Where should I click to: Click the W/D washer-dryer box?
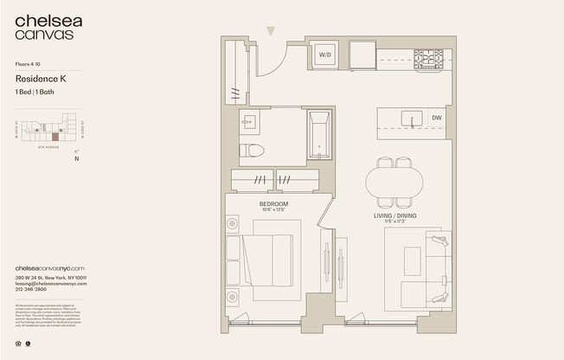325,55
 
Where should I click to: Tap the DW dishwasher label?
437,118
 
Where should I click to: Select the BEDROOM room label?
273,204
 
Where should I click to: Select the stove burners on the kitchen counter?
427,59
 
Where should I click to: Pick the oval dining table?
394,183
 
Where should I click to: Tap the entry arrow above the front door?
271,31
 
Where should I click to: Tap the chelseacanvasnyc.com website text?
49,268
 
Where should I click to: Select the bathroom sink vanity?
248,122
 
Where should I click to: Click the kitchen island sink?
414,118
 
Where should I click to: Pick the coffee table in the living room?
412,260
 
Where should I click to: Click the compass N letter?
77,158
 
